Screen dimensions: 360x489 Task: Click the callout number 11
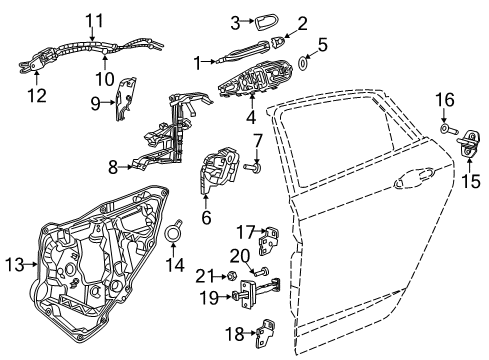tap(94, 19)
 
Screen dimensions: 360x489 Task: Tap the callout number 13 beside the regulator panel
tap(14, 264)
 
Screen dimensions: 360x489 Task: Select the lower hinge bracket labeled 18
tap(267, 328)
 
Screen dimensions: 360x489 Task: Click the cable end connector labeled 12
tap(34, 69)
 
